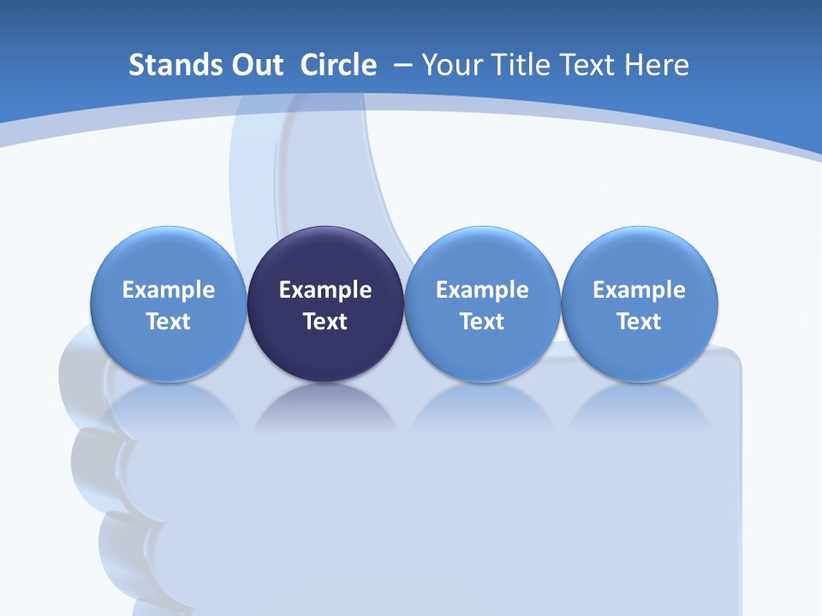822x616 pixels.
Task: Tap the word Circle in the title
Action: (338, 65)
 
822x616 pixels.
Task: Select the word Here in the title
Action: (657, 65)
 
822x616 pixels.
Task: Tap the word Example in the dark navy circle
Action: (325, 290)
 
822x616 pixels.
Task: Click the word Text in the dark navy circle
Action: (325, 322)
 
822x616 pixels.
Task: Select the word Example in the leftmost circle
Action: (169, 290)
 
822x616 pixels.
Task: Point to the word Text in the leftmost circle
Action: (169, 322)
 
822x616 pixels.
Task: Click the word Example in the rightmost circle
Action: (639, 290)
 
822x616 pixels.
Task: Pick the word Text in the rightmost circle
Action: (639, 322)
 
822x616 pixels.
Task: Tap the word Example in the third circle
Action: (482, 290)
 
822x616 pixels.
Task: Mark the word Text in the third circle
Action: (482, 322)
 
